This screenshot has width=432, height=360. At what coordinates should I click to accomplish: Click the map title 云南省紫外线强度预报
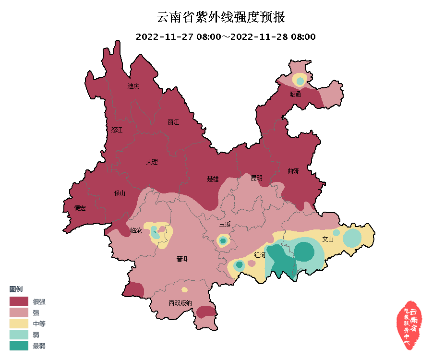click(x=221, y=18)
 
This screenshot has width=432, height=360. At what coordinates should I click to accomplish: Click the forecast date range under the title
click(x=226, y=37)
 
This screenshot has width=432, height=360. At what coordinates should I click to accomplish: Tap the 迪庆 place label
click(x=133, y=86)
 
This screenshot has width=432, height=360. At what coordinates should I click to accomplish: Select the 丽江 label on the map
click(x=173, y=122)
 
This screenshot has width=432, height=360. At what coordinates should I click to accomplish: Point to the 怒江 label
click(x=117, y=130)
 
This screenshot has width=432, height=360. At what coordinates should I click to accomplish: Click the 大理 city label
click(x=152, y=162)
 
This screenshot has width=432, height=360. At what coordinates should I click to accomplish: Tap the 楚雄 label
click(x=213, y=179)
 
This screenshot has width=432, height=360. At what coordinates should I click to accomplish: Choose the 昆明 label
click(x=257, y=178)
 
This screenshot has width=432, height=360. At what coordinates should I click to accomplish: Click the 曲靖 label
click(x=293, y=171)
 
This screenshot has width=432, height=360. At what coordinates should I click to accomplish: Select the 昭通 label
click(x=295, y=94)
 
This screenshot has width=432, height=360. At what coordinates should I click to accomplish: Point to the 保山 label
click(x=119, y=193)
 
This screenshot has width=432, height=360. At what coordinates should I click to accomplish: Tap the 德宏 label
click(x=80, y=208)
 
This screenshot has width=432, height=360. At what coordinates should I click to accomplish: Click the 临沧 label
click(x=136, y=231)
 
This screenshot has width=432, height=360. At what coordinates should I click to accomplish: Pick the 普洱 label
click(x=182, y=259)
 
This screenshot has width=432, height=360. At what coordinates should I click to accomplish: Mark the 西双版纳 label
click(x=180, y=303)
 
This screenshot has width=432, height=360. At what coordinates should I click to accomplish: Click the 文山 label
click(x=327, y=239)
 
